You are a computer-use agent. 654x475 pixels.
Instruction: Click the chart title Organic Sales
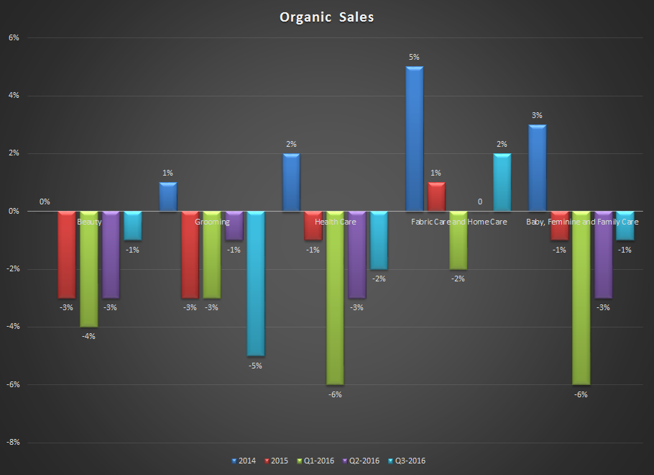point(327,17)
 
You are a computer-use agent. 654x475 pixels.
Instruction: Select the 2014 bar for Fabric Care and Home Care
point(414,139)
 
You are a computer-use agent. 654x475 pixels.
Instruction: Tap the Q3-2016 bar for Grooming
point(255,284)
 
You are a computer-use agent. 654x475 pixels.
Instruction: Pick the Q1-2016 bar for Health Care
point(334,298)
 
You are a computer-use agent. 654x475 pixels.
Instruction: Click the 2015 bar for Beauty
point(66,255)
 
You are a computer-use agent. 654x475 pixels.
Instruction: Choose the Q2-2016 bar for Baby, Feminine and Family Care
point(602,255)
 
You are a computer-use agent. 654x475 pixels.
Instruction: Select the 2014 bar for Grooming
point(167,196)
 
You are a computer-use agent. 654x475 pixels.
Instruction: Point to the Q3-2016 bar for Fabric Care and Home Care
point(502,182)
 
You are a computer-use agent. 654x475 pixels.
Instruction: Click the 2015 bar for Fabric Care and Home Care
point(436,196)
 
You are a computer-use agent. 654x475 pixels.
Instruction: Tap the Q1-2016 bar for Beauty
point(88,269)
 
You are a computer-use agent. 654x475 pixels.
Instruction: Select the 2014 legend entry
point(245,461)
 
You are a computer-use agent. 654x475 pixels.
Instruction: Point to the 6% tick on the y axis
point(13,37)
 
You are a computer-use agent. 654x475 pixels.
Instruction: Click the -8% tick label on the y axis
point(12,443)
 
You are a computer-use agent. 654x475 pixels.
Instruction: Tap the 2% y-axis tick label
point(13,153)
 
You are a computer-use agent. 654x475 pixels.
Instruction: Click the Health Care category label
point(336,222)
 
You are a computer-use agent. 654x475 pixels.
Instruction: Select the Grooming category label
point(212,222)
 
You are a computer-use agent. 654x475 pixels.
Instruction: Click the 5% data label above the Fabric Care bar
point(414,57)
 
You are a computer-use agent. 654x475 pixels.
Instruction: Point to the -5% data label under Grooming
point(255,366)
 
